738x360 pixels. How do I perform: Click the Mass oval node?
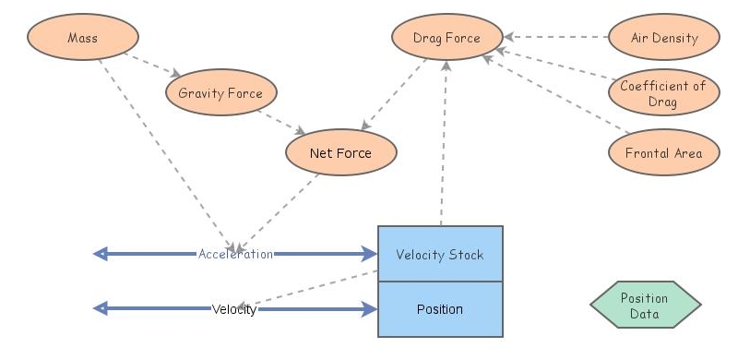[83, 38]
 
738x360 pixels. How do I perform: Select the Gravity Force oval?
[220, 92]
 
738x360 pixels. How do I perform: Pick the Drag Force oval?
[447, 38]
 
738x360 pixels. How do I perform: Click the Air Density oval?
[664, 38]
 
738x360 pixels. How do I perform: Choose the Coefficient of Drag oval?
[662, 93]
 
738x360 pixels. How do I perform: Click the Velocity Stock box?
[440, 254]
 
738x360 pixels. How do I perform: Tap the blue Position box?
[440, 309]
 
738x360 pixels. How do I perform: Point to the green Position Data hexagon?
[645, 306]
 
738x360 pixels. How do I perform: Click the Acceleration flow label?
[235, 254]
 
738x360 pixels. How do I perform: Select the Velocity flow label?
[234, 309]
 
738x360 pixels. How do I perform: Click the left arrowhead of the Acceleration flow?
[101, 254]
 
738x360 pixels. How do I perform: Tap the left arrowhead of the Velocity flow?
[101, 309]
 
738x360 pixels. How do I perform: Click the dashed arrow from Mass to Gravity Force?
[151, 64]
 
